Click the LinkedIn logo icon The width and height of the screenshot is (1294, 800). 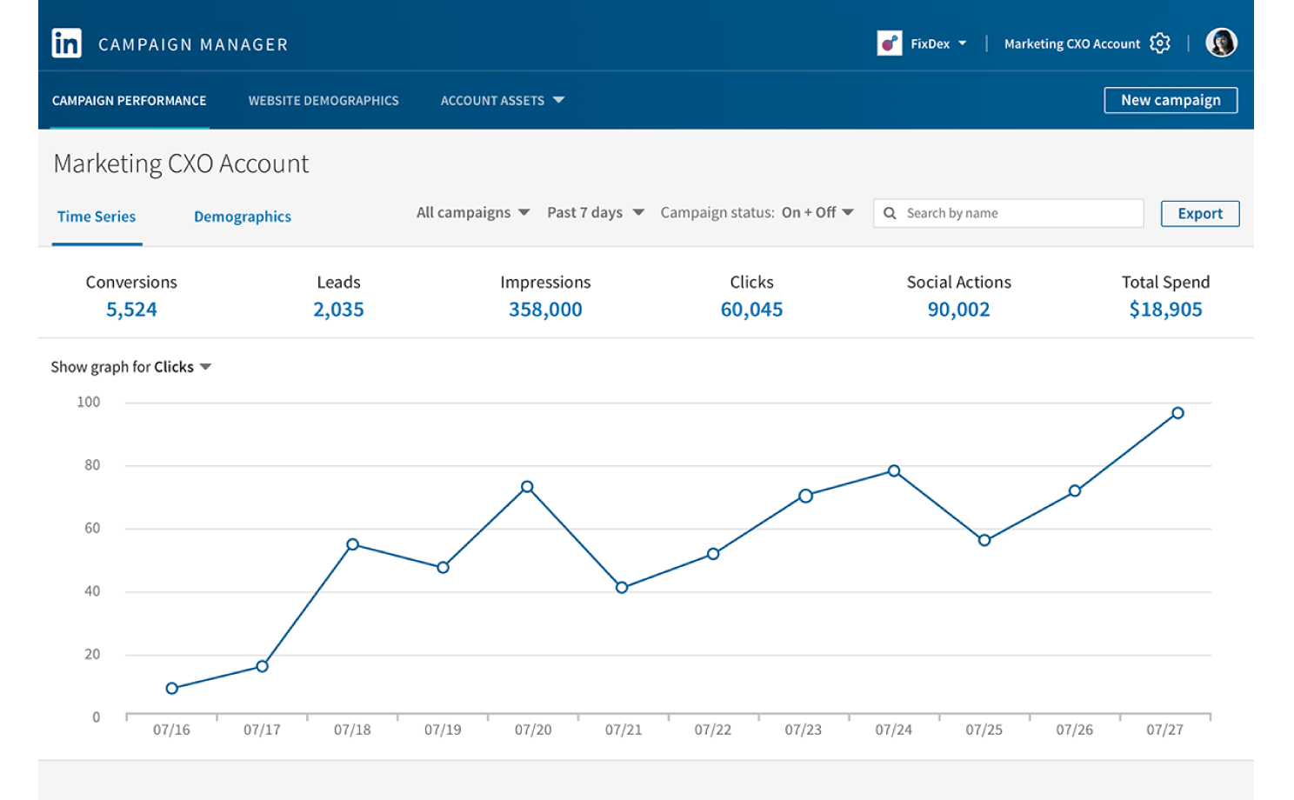(66, 43)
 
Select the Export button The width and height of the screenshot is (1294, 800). (1200, 214)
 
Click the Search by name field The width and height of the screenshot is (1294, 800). (1008, 213)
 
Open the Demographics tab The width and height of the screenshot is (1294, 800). (242, 217)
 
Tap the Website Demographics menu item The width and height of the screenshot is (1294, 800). (323, 101)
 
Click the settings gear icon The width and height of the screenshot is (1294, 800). (1159, 43)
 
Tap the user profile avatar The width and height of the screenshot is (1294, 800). (1221, 43)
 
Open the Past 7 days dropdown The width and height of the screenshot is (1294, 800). (596, 212)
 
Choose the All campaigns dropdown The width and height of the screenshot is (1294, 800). (473, 212)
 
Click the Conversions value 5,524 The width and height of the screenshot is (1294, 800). (131, 310)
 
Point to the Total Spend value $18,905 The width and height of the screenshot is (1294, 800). (1165, 310)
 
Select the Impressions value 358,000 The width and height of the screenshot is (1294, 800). (545, 310)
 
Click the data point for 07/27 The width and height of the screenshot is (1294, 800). (1177, 413)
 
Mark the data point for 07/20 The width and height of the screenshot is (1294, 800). (527, 487)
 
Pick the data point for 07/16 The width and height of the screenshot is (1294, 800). (171, 688)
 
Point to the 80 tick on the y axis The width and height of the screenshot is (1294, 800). (92, 465)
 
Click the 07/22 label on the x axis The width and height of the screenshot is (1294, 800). (713, 730)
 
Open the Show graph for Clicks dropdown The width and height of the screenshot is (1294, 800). (131, 367)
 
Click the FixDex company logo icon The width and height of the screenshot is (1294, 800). (889, 43)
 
